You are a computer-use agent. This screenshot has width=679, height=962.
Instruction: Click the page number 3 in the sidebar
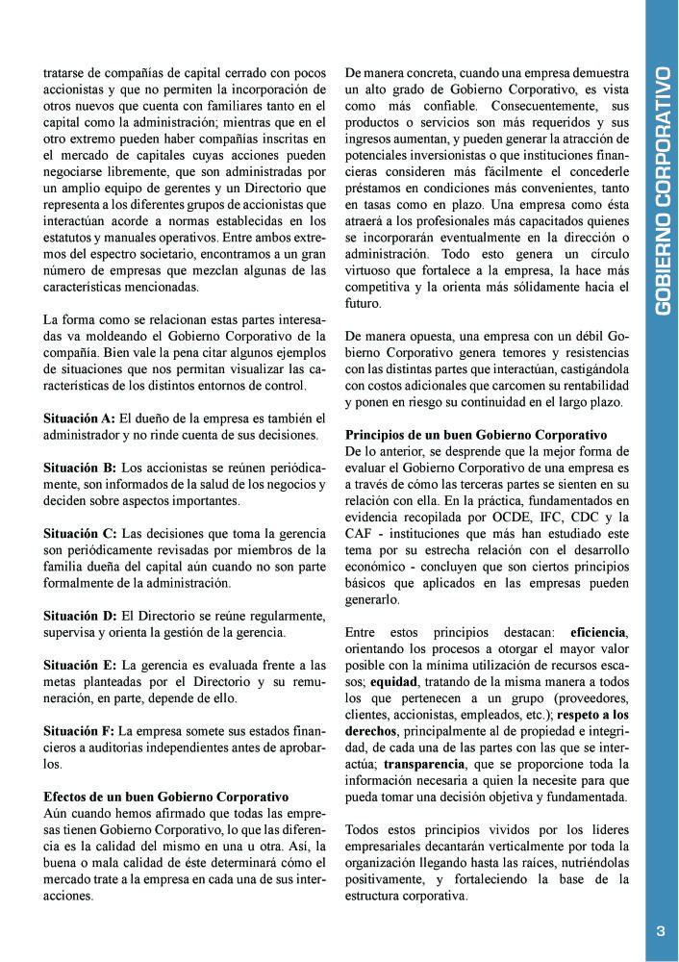point(661,930)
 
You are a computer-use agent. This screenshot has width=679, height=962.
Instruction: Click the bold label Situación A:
point(80,419)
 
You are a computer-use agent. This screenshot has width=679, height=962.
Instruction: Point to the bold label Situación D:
point(80,615)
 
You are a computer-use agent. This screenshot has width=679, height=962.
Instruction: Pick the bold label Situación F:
point(80,731)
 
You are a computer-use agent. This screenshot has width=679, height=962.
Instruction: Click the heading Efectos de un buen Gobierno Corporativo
point(166,797)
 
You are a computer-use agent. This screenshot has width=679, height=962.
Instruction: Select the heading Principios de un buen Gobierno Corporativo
point(476,435)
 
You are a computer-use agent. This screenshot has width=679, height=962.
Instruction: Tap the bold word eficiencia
point(598,632)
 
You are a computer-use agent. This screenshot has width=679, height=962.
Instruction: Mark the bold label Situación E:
point(80,665)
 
